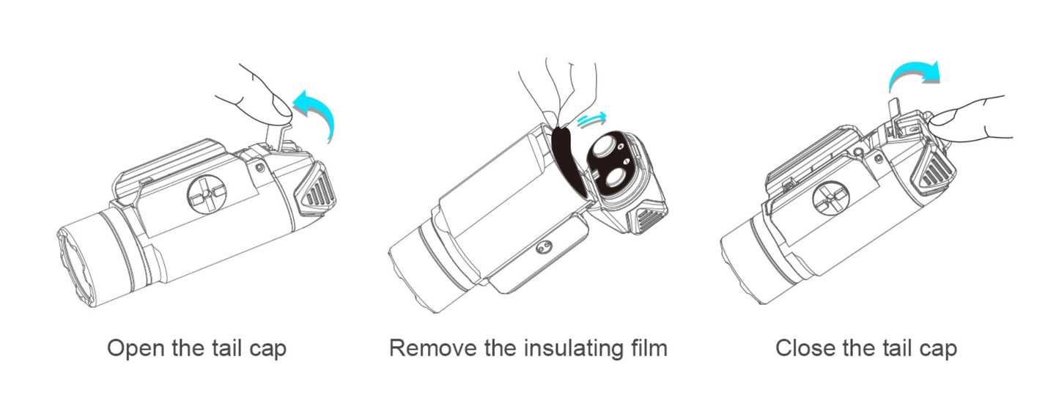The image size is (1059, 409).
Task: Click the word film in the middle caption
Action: point(649,348)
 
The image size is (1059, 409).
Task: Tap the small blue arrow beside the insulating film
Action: point(591,119)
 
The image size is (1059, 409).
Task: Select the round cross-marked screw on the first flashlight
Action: point(207,195)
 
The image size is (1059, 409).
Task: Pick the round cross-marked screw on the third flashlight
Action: point(830,199)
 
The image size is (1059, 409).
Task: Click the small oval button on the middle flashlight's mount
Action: point(544,246)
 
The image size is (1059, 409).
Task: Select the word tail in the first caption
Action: point(223,348)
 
